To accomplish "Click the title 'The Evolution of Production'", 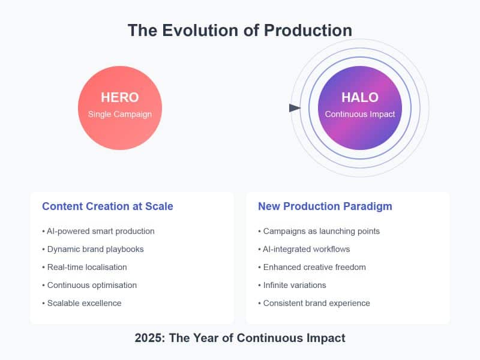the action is pyautogui.click(x=240, y=31).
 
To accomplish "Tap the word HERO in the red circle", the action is pyautogui.click(x=120, y=97).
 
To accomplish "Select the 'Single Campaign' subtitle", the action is pyautogui.click(x=120, y=114).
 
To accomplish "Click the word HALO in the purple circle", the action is pyautogui.click(x=360, y=97).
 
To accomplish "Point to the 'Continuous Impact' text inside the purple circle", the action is pyautogui.click(x=360, y=114).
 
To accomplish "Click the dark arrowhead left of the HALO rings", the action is pyautogui.click(x=295, y=108).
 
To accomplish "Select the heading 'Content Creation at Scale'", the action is pyautogui.click(x=107, y=206).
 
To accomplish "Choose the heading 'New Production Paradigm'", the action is pyautogui.click(x=325, y=206).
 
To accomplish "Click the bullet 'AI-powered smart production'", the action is pyautogui.click(x=98, y=231).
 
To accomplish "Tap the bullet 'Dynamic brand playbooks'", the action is pyautogui.click(x=93, y=249).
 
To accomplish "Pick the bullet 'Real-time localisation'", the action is pyautogui.click(x=85, y=267).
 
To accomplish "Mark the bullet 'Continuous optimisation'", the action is pyautogui.click(x=89, y=286).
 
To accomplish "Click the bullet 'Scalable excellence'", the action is pyautogui.click(x=82, y=303).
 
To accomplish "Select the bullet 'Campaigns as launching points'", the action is pyautogui.click(x=319, y=231).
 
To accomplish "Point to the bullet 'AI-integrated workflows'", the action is pyautogui.click(x=304, y=249).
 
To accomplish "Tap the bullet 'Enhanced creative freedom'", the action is pyautogui.click(x=312, y=267).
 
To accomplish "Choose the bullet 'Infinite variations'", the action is pyautogui.click(x=292, y=285).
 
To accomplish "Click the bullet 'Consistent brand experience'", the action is pyautogui.click(x=314, y=303).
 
